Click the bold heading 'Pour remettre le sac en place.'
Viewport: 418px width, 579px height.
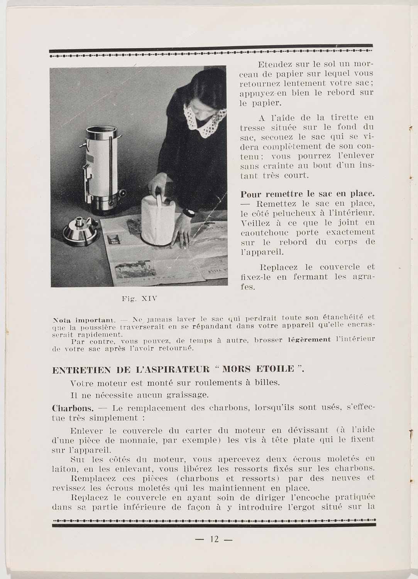pyautogui.click(x=307, y=194)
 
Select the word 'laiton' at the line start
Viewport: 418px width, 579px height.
pyautogui.click(x=63, y=469)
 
